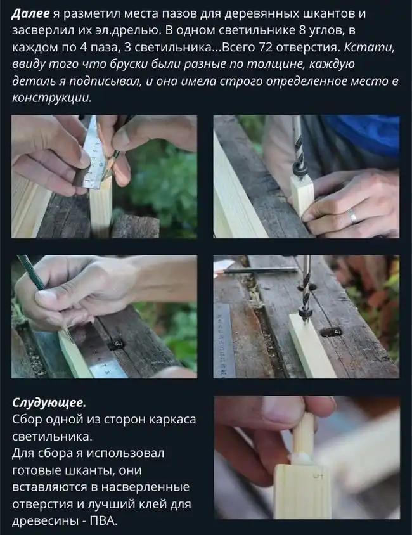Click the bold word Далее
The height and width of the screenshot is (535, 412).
tap(31, 14)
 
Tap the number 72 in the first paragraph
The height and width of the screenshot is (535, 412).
tap(266, 47)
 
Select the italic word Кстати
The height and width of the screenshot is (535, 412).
tap(369, 47)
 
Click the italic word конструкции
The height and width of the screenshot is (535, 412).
tap(52, 98)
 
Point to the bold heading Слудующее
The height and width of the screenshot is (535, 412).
tap(49, 403)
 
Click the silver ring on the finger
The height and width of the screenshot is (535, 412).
tap(352, 216)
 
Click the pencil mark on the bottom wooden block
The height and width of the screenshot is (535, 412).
tap(318, 475)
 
